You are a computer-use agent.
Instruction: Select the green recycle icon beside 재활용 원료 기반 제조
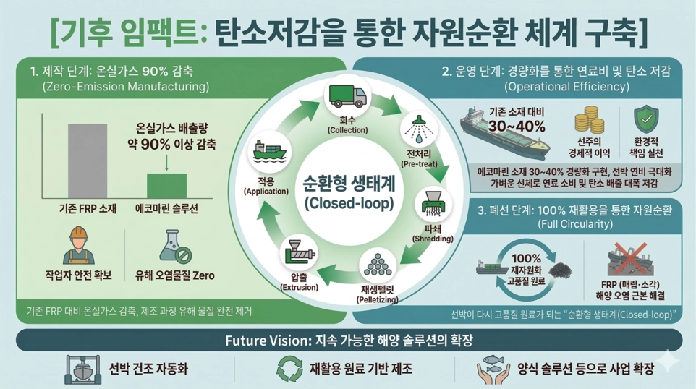click(x=289, y=369)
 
